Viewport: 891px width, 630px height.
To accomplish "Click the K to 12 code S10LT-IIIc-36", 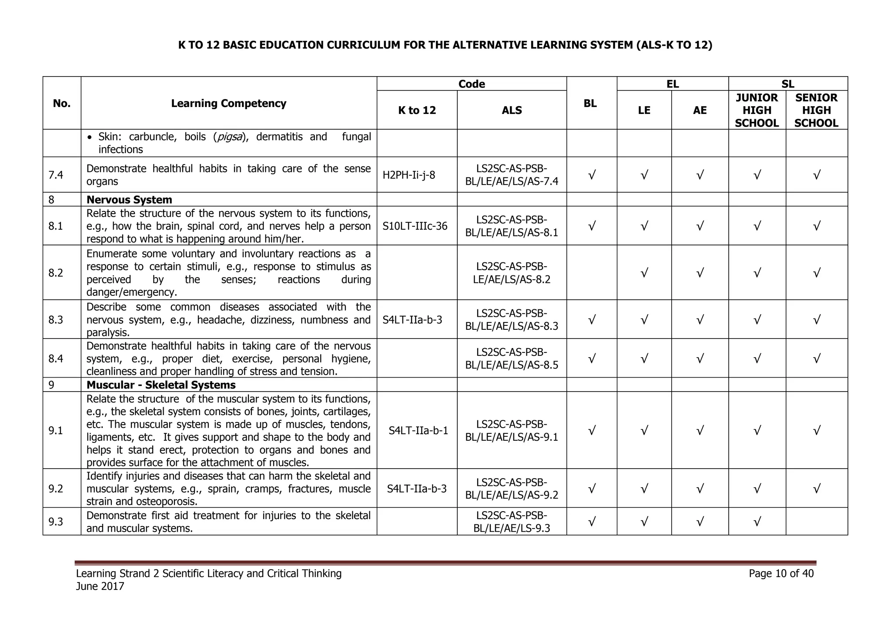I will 415,226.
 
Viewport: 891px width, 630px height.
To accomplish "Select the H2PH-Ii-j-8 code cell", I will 409,175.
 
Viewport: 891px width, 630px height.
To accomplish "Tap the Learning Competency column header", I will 228,103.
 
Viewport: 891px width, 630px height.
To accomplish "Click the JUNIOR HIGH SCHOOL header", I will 757,110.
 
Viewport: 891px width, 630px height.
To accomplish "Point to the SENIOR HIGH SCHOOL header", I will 816,110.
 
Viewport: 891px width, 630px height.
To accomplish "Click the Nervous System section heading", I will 129,200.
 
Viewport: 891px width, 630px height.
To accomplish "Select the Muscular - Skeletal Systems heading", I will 161,385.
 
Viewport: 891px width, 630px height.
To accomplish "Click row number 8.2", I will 56,273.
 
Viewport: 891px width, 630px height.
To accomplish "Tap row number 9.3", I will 56,521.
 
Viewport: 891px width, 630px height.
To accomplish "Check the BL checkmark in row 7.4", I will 591,175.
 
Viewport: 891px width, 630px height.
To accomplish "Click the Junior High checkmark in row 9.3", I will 757,521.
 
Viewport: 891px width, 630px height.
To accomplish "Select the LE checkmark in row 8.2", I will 644,273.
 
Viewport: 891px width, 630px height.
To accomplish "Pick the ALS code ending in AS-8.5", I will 512,359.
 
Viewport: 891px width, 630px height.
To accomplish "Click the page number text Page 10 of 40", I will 781,573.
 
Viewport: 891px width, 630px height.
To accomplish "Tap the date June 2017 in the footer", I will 100,586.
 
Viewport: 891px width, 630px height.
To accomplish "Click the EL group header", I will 672,84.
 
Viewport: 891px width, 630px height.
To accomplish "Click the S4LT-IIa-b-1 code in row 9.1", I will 418,430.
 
